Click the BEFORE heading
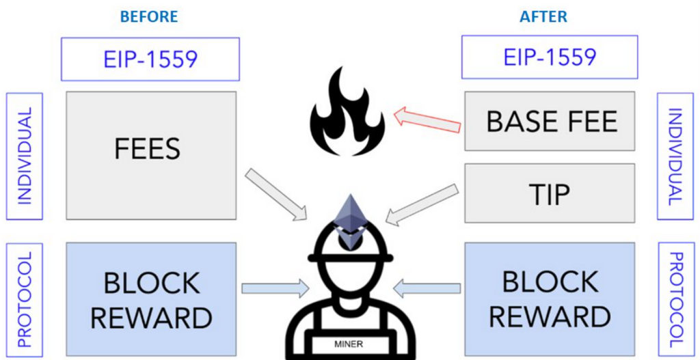coord(149,16)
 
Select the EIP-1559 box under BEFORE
coord(150,59)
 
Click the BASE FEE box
coord(552,122)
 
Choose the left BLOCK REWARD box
coord(151,300)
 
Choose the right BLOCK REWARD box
coord(550,299)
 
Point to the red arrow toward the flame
coord(428,120)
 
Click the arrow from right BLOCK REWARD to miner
coord(427,288)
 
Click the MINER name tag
coord(350,344)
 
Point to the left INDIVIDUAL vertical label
coord(25,156)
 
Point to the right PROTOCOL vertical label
coord(675,299)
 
